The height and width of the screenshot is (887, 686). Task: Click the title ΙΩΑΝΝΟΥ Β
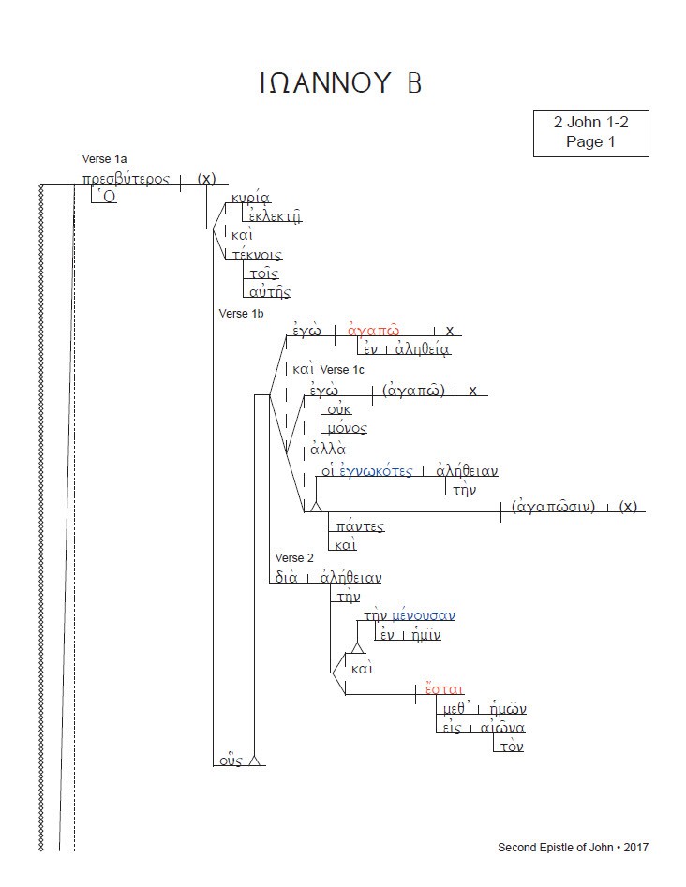pos(341,83)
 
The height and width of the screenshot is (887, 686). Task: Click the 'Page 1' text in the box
pos(590,142)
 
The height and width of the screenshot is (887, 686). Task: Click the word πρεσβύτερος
pos(125,179)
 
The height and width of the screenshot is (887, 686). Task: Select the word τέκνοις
pos(256,254)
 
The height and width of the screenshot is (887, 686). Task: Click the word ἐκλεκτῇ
pos(272,216)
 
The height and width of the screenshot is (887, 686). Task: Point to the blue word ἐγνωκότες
pos(375,470)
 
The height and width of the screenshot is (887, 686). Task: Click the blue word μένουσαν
pos(424,615)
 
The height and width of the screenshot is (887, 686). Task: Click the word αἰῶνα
pos(502,728)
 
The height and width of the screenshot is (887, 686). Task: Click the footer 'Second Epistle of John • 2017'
pos(572,848)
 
